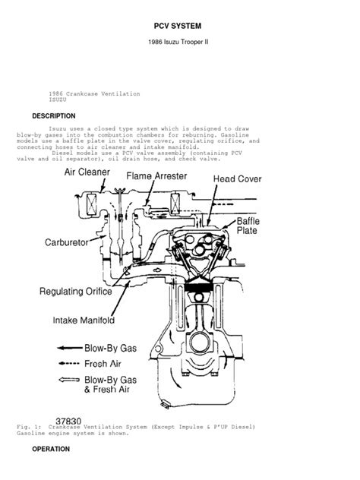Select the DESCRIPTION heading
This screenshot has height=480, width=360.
(x=53, y=115)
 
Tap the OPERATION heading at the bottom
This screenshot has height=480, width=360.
(x=51, y=449)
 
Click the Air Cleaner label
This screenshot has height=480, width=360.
(x=89, y=172)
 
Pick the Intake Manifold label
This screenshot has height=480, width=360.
(x=84, y=319)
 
